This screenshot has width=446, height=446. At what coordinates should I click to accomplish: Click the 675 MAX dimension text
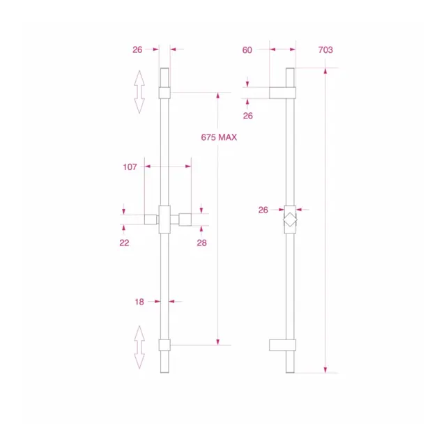(x=219, y=137)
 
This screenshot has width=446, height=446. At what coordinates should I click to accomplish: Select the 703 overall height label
(x=325, y=50)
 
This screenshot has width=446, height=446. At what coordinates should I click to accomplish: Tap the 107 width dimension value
(x=130, y=167)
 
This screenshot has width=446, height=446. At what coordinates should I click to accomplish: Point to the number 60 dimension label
(x=247, y=50)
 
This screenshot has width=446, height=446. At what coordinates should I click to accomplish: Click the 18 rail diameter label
(x=139, y=302)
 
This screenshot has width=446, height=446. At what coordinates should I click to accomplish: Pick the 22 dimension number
(x=124, y=242)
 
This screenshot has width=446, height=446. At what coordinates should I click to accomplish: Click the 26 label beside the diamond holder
(x=263, y=210)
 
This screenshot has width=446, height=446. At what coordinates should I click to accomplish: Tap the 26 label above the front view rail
(x=137, y=49)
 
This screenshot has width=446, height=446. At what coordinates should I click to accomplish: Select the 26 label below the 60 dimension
(x=247, y=115)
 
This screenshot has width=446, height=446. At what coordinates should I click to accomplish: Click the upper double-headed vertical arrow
(x=139, y=91)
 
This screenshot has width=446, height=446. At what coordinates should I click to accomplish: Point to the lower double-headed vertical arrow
(x=139, y=346)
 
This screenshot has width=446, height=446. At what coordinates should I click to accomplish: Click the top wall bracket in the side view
(x=282, y=93)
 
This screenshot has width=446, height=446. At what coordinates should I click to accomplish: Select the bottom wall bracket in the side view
(x=282, y=344)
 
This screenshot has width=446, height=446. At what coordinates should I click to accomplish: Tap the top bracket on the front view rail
(x=164, y=93)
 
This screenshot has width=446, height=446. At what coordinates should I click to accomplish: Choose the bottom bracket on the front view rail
(x=164, y=344)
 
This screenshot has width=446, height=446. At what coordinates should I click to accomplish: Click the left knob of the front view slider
(x=151, y=220)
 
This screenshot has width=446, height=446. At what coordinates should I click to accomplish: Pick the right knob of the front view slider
(x=184, y=220)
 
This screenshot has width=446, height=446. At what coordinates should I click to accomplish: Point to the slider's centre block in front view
(x=164, y=218)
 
